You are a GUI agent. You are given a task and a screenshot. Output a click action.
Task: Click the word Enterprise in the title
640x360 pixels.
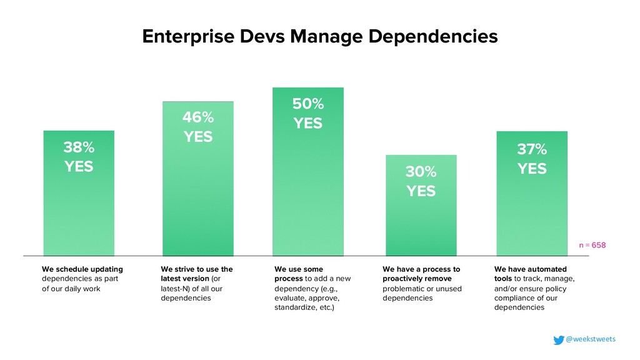coord(182,36)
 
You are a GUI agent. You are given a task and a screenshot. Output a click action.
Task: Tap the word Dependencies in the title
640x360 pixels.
coord(431,36)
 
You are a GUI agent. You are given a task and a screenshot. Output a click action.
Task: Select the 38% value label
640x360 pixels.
coord(79,147)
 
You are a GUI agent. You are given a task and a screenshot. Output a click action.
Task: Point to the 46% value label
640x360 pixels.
coord(197,117)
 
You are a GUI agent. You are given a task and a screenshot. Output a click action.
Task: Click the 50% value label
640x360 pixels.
coord(308,103)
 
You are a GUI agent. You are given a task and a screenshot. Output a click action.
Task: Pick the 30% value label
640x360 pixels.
coord(421,171)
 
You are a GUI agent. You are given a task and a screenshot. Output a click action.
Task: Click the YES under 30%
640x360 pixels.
coord(421,191)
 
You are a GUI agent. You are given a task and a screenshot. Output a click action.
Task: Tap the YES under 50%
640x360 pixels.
coord(308,123)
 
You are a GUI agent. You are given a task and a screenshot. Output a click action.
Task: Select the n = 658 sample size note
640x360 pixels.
coord(592,246)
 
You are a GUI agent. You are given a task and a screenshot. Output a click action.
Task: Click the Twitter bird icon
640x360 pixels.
coord(558,340)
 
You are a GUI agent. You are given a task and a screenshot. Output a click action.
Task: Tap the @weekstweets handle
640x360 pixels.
coord(591,339)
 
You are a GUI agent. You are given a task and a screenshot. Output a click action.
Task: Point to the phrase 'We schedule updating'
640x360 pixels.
coord(82,269)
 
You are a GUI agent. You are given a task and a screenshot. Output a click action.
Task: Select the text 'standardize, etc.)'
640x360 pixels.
coord(304,308)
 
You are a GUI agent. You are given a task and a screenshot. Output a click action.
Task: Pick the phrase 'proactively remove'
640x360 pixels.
coord(417,279)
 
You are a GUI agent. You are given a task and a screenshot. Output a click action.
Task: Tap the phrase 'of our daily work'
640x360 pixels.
coord(71,289)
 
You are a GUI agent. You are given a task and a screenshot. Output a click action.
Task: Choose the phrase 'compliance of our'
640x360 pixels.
coord(526,298)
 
